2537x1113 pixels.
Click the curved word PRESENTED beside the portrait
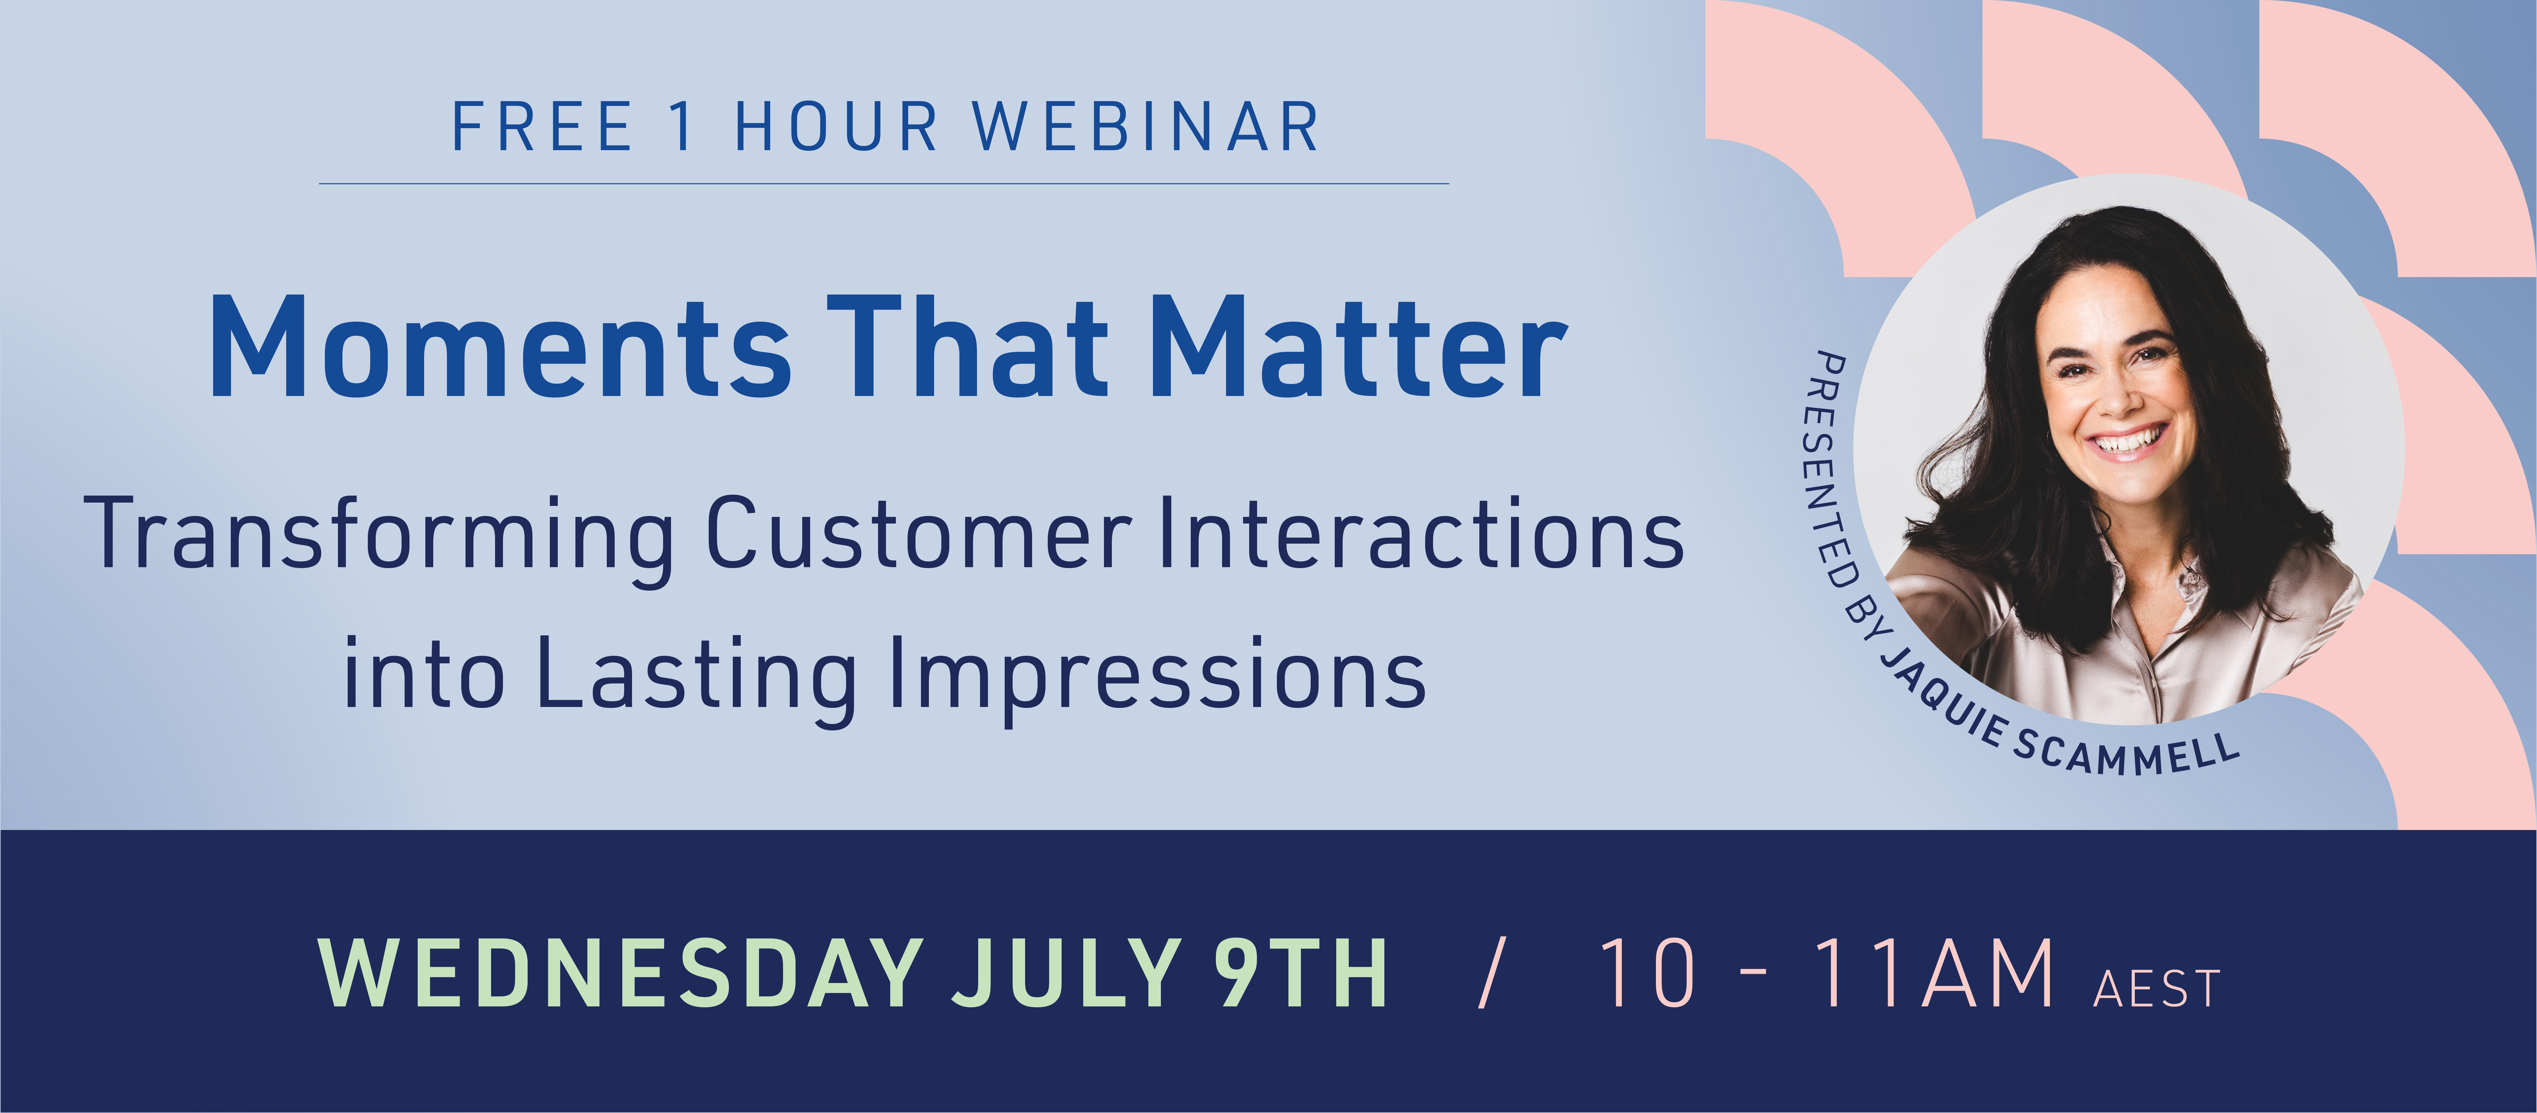[x=1825, y=471]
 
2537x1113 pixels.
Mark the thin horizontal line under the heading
[x=884, y=183]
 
